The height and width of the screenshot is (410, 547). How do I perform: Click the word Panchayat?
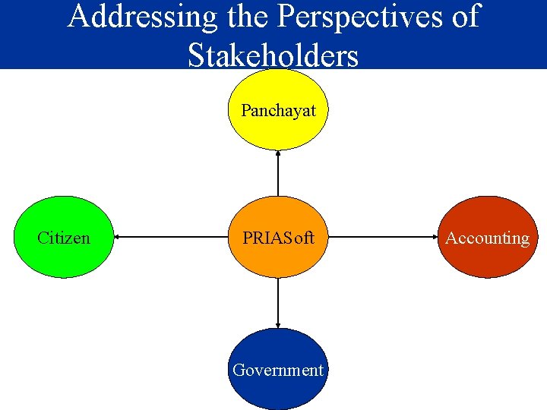(x=278, y=111)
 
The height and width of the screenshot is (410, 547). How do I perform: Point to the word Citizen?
(x=64, y=238)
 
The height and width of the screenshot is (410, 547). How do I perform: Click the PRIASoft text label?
(x=278, y=238)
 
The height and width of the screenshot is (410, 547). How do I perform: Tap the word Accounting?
(x=487, y=238)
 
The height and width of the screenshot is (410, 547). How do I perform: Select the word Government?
(x=278, y=370)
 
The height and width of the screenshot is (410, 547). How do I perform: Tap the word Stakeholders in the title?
(x=273, y=55)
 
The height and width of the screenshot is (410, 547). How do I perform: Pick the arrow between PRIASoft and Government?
(x=278, y=303)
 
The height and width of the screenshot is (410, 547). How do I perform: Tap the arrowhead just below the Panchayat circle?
(x=278, y=153)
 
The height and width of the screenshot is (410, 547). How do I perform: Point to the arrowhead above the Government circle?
(x=278, y=324)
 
